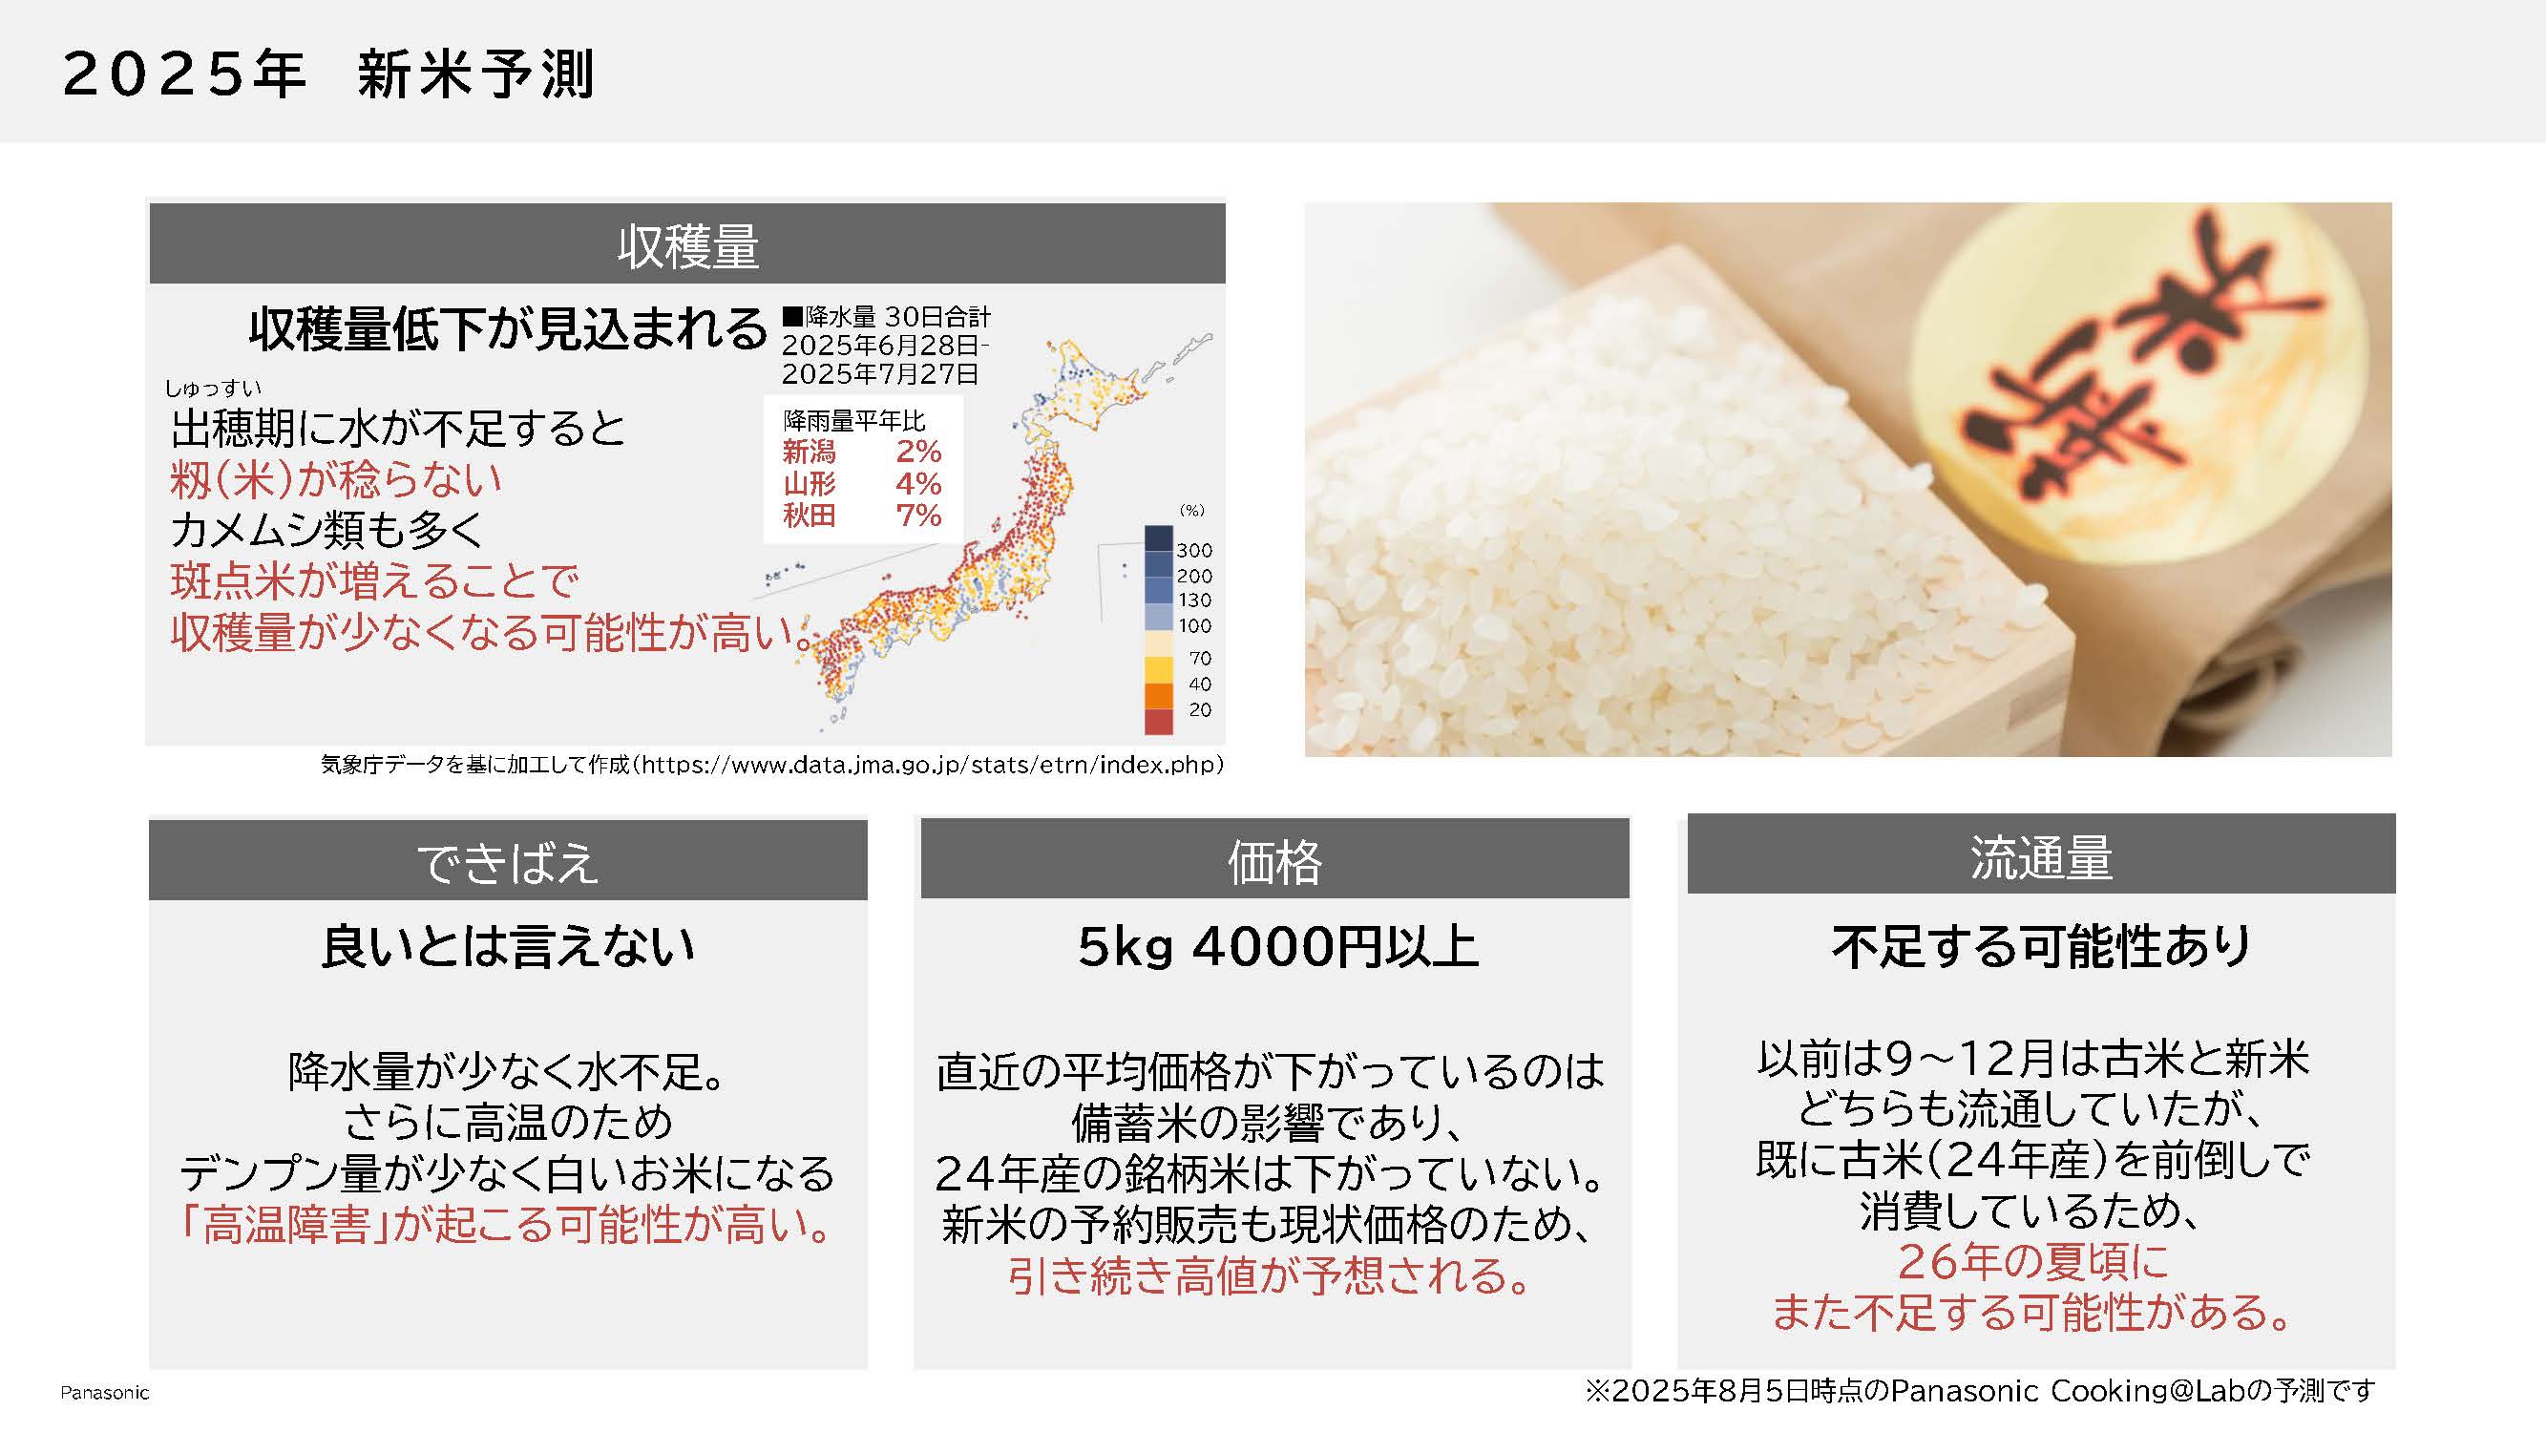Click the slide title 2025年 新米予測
(328, 74)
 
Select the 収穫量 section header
(688, 246)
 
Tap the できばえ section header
(508, 862)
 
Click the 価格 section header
(1274, 861)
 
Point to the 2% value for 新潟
(918, 452)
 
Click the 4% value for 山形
(918, 483)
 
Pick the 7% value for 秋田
(918, 515)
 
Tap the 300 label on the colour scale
(1194, 551)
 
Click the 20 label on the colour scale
(1200, 709)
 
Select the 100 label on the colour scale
(1194, 625)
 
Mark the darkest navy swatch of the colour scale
(1158, 538)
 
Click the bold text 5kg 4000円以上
(1277, 947)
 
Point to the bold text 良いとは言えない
(508, 947)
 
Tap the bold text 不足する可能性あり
(2041, 947)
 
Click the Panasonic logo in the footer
(105, 1393)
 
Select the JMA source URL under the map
(932, 765)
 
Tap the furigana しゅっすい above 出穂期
(214, 389)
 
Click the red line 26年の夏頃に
(2033, 1261)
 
